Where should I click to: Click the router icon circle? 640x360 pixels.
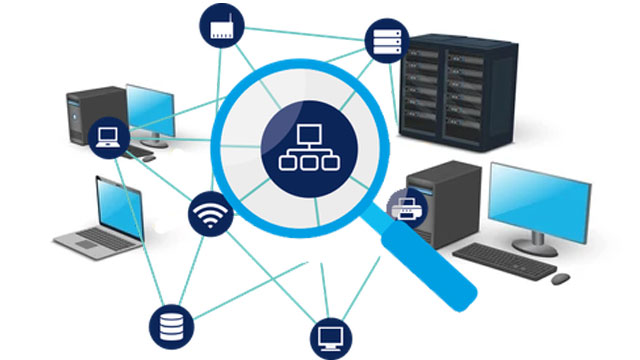[x=222, y=29]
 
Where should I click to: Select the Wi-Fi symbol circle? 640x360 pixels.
[x=211, y=216]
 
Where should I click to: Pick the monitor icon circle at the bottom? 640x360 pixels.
[x=330, y=338]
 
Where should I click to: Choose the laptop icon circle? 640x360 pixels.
[x=106, y=139]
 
